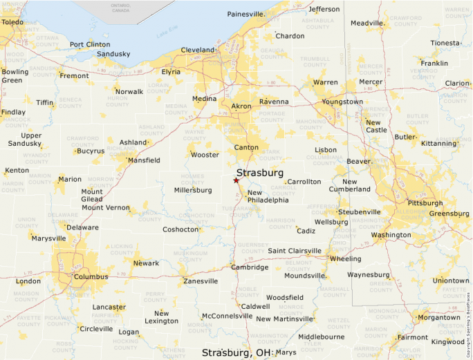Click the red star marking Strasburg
(x=236, y=180)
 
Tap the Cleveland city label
(x=198, y=50)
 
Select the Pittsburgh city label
(x=425, y=203)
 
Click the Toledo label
(x=12, y=22)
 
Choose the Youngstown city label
(x=342, y=102)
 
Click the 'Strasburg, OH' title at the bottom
(x=236, y=352)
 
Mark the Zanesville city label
(x=201, y=281)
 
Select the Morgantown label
(x=438, y=318)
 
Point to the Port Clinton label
(x=89, y=45)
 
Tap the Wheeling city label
(x=345, y=258)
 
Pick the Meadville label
(x=367, y=23)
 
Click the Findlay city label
(x=13, y=112)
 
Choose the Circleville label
(x=96, y=329)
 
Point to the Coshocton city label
(x=180, y=229)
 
